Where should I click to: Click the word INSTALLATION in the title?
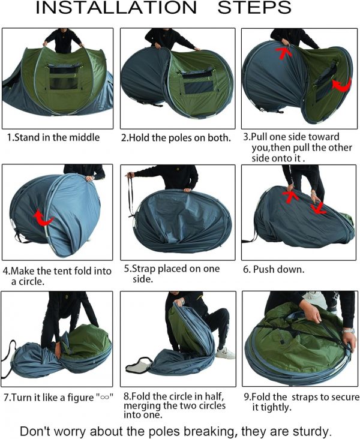(116, 8)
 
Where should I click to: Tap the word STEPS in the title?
(254, 8)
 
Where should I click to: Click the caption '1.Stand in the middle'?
(53, 137)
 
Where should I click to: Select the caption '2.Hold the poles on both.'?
(176, 138)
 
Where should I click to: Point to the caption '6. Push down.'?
(274, 270)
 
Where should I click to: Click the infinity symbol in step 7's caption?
(104, 398)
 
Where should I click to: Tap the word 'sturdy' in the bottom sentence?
(310, 431)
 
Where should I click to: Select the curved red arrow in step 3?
(341, 85)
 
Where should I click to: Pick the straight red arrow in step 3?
(284, 53)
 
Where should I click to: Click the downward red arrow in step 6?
(319, 208)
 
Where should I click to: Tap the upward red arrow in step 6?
(290, 196)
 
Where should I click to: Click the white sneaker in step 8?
(226, 353)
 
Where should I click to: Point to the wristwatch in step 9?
(348, 330)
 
